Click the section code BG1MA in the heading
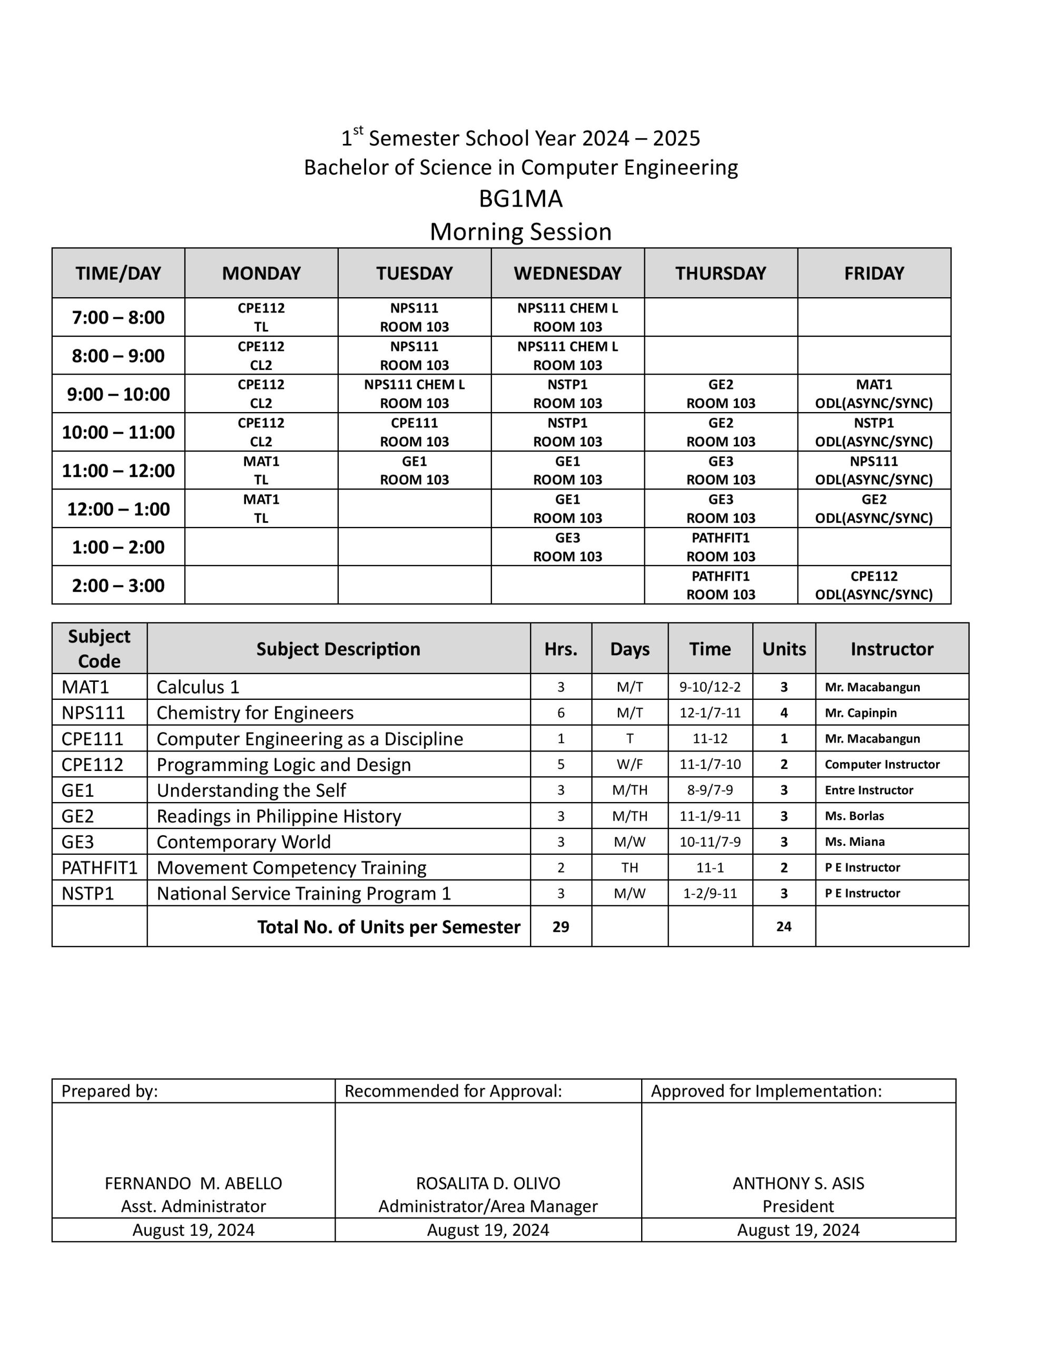point(520,199)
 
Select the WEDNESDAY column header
point(568,273)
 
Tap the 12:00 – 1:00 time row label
point(118,509)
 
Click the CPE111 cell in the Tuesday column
point(415,432)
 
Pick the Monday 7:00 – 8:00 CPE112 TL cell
point(261,317)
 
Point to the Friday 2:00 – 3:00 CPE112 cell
point(874,585)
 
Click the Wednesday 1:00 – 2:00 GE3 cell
point(568,546)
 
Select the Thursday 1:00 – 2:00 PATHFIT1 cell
point(721,546)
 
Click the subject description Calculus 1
point(198,687)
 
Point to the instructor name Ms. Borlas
point(854,816)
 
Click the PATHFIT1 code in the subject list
point(100,868)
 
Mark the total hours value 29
point(561,926)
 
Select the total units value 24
point(784,926)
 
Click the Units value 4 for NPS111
point(784,713)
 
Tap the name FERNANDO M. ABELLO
point(193,1184)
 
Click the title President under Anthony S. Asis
point(798,1206)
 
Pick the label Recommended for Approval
point(454,1091)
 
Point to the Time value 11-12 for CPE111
point(710,739)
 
